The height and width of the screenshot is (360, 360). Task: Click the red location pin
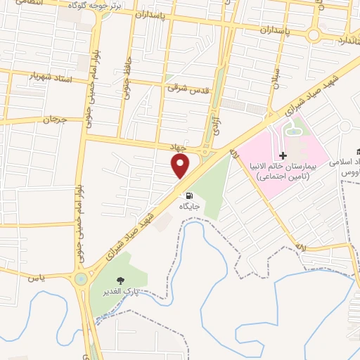181,167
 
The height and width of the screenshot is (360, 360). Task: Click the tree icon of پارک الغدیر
121,279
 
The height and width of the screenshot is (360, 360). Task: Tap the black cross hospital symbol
283,155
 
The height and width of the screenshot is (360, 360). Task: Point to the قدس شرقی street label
185,89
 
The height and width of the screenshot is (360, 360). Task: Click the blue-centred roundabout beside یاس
84,278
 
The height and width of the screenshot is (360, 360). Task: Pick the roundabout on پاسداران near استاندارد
314,34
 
